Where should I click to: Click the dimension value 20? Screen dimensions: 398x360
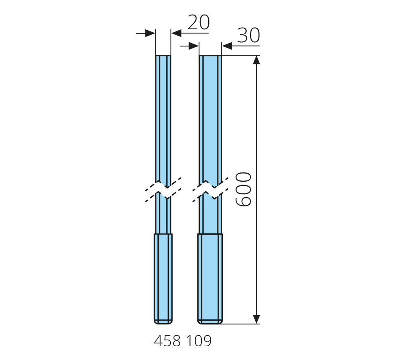[x=199, y=22]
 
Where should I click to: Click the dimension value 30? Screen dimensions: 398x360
[x=248, y=35]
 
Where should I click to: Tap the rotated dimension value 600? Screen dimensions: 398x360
[x=243, y=189]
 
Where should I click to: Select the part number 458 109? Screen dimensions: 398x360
[x=183, y=341]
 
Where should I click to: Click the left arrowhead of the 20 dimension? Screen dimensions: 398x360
[x=150, y=33]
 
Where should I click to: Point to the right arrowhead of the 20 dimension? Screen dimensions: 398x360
[x=176, y=33]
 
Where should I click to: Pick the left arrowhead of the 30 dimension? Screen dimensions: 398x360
[x=194, y=46]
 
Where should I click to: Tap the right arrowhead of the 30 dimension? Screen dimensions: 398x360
[x=227, y=46]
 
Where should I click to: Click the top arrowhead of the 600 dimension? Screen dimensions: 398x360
[x=257, y=60]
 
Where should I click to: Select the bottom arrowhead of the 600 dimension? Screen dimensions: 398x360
[x=257, y=319]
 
